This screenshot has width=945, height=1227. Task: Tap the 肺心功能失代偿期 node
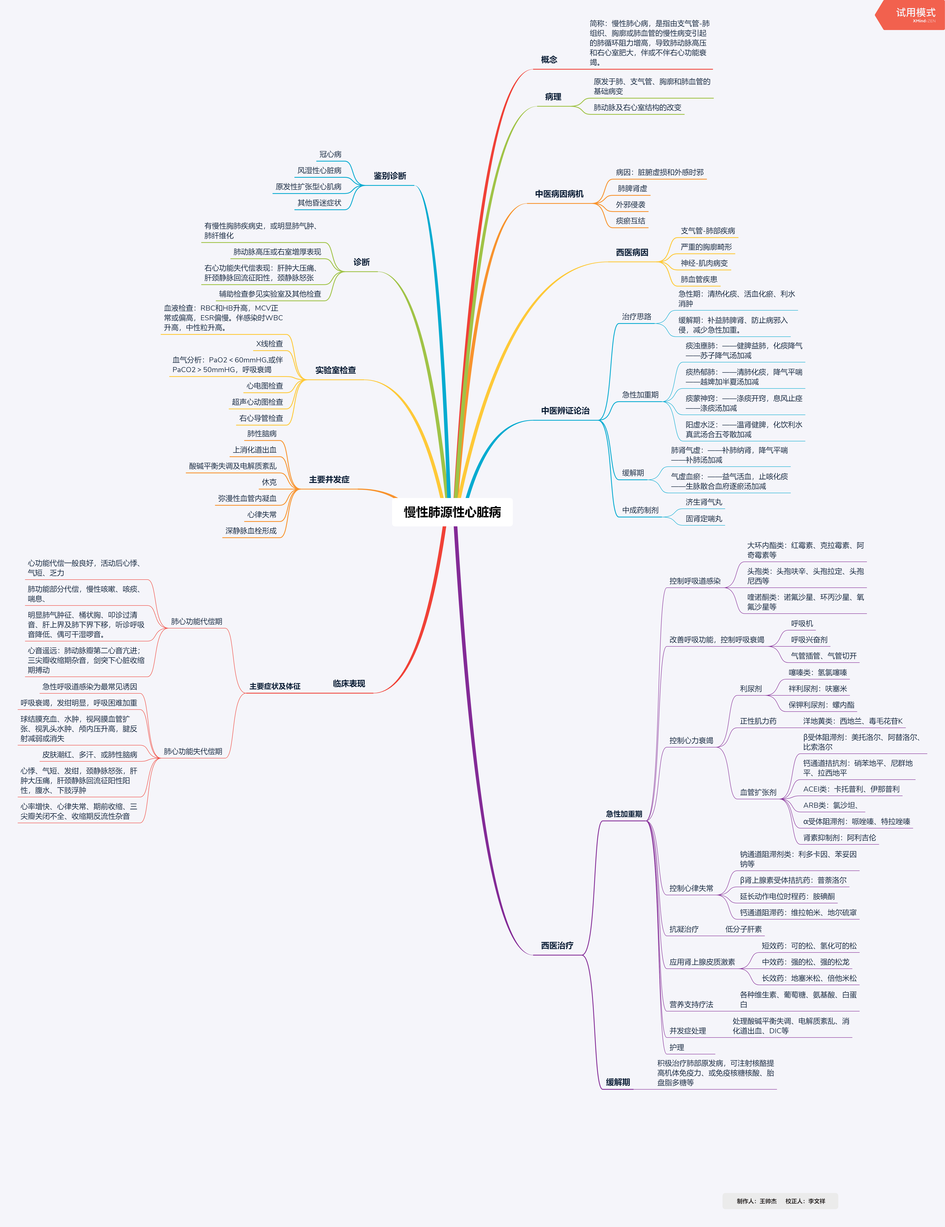coord(193,751)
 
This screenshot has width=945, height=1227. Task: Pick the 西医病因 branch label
coord(632,252)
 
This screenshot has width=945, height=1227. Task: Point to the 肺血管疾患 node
coord(699,279)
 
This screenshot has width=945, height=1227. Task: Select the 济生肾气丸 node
coord(704,502)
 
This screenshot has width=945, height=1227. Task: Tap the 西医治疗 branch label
coord(557,946)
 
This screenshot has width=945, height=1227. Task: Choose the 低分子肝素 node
coord(743,929)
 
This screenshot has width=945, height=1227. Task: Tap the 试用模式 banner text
coord(915,12)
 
